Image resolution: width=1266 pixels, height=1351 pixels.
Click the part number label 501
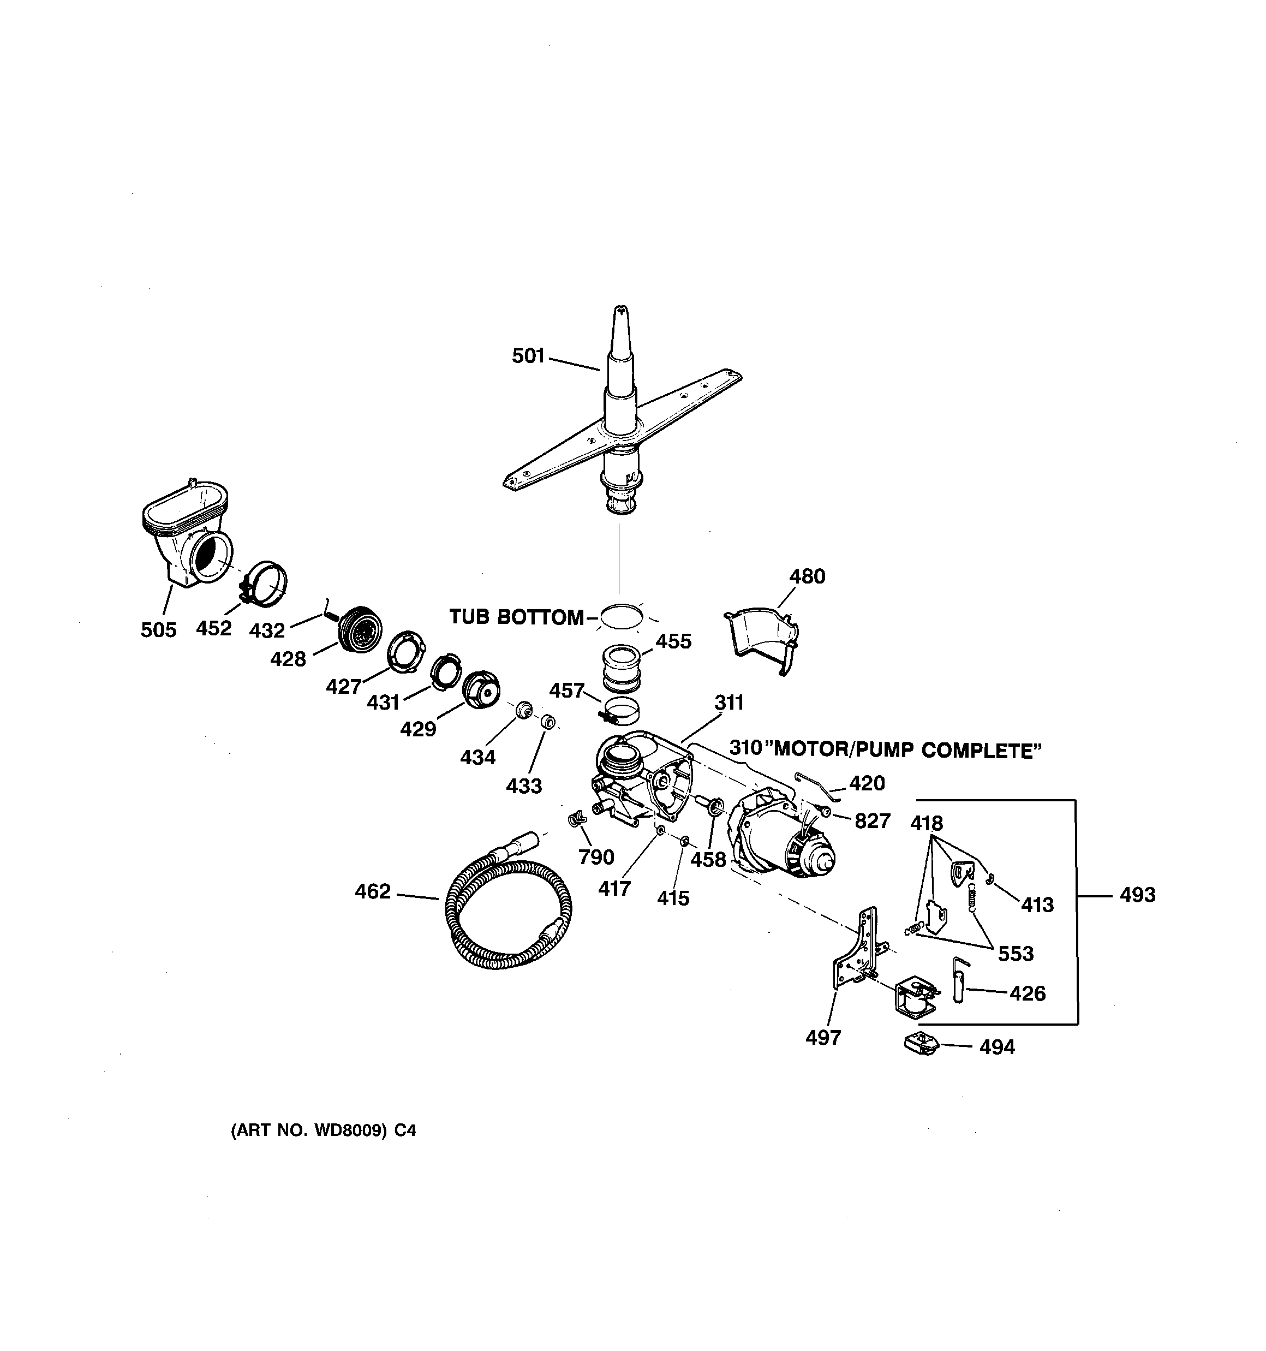pyautogui.click(x=528, y=356)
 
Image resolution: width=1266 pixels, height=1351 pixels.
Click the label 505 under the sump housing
pyautogui.click(x=158, y=630)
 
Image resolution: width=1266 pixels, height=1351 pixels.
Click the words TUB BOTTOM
pyautogui.click(x=516, y=617)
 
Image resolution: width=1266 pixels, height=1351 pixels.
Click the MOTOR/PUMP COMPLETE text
pyautogui.click(x=907, y=751)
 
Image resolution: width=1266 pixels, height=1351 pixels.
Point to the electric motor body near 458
pyautogui.click(x=781, y=836)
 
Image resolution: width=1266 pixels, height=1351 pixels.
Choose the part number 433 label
pyautogui.click(x=524, y=786)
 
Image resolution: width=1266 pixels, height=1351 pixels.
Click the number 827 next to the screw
pyautogui.click(x=872, y=822)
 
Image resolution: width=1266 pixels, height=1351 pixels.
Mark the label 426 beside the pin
pyautogui.click(x=1027, y=993)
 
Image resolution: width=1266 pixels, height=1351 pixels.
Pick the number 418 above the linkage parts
pyautogui.click(x=926, y=824)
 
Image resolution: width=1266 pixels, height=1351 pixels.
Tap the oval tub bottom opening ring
pyautogui.click(x=620, y=616)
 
